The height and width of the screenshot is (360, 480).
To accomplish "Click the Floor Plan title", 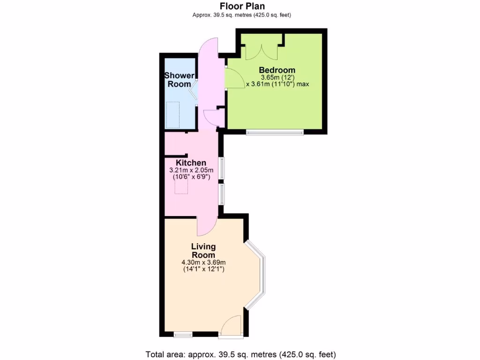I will [242, 6].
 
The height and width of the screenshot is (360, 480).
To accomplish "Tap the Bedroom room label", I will [277, 70].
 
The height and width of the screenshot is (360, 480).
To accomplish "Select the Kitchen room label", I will [191, 163].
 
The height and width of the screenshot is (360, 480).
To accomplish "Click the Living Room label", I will [203, 250].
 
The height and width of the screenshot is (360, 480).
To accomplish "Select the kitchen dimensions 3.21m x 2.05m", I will [191, 170].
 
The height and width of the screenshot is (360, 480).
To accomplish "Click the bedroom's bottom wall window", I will [275, 132].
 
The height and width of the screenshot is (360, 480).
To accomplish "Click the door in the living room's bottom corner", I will [232, 326].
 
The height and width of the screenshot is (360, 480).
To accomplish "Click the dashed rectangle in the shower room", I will [172, 114].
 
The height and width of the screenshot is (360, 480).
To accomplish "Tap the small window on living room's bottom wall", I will [183, 335].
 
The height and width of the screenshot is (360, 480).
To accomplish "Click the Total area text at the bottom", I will [241, 354].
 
